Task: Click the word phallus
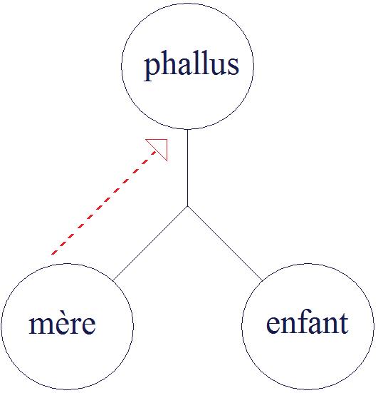[x=191, y=66]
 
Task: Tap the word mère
[x=62, y=323]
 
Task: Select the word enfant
[x=308, y=322]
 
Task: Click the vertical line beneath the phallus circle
[x=188, y=168]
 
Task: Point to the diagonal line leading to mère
[x=150, y=243]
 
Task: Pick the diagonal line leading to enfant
[x=225, y=243]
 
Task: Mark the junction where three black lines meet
[x=188, y=206]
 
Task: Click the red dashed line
[x=103, y=203]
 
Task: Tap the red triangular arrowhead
[x=160, y=147]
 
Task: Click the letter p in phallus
[x=152, y=68]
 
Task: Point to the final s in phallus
[x=233, y=66]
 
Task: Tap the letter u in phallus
[x=217, y=66]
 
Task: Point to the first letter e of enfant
[x=273, y=325]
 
